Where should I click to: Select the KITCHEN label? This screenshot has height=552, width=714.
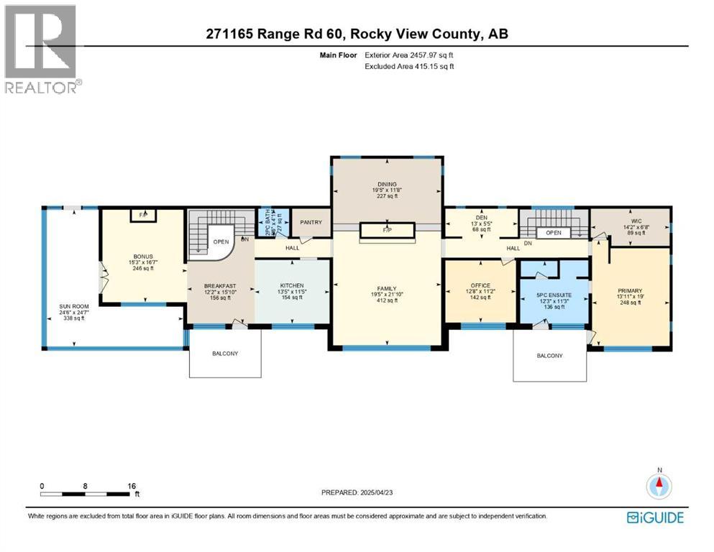pos(292,285)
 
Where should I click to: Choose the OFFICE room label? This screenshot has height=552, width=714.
pos(480,285)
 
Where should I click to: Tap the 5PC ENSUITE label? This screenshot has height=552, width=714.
pos(554,295)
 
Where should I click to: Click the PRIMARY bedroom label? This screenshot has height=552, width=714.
pos(629,291)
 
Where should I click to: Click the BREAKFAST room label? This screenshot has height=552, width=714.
pos(219,285)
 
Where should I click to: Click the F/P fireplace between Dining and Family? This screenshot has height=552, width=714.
pos(388,230)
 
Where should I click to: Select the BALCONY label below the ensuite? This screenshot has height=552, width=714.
pos(549,356)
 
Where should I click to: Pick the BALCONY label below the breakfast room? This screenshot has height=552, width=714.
pos(225,353)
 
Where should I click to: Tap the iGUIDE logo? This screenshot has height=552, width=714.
pos(655,517)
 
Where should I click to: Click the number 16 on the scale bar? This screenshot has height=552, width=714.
pos(132,486)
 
